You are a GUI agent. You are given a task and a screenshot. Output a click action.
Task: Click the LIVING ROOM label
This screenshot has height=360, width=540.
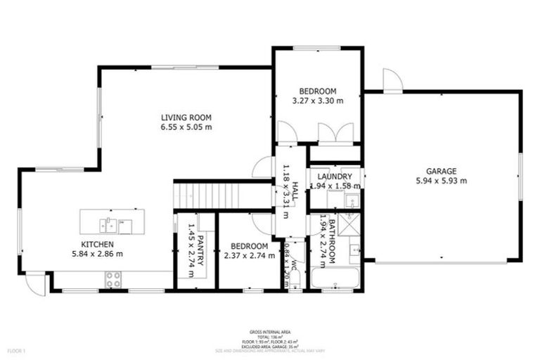click(x=186, y=117)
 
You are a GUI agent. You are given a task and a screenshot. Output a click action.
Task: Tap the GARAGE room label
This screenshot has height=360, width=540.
click(x=441, y=171)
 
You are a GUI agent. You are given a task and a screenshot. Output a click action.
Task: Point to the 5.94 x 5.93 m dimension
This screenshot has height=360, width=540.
click(x=441, y=181)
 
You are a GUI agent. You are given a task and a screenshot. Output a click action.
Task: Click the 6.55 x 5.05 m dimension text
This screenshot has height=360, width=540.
click(x=186, y=127)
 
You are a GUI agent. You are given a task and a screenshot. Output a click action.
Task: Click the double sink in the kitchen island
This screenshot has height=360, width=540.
click(x=115, y=225)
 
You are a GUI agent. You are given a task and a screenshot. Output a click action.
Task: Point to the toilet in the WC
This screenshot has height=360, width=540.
click(x=296, y=281)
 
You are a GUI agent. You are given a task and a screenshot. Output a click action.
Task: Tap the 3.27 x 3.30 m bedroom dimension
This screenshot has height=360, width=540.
click(x=318, y=101)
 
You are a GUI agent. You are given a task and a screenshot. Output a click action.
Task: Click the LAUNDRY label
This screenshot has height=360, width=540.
click(x=334, y=176)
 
